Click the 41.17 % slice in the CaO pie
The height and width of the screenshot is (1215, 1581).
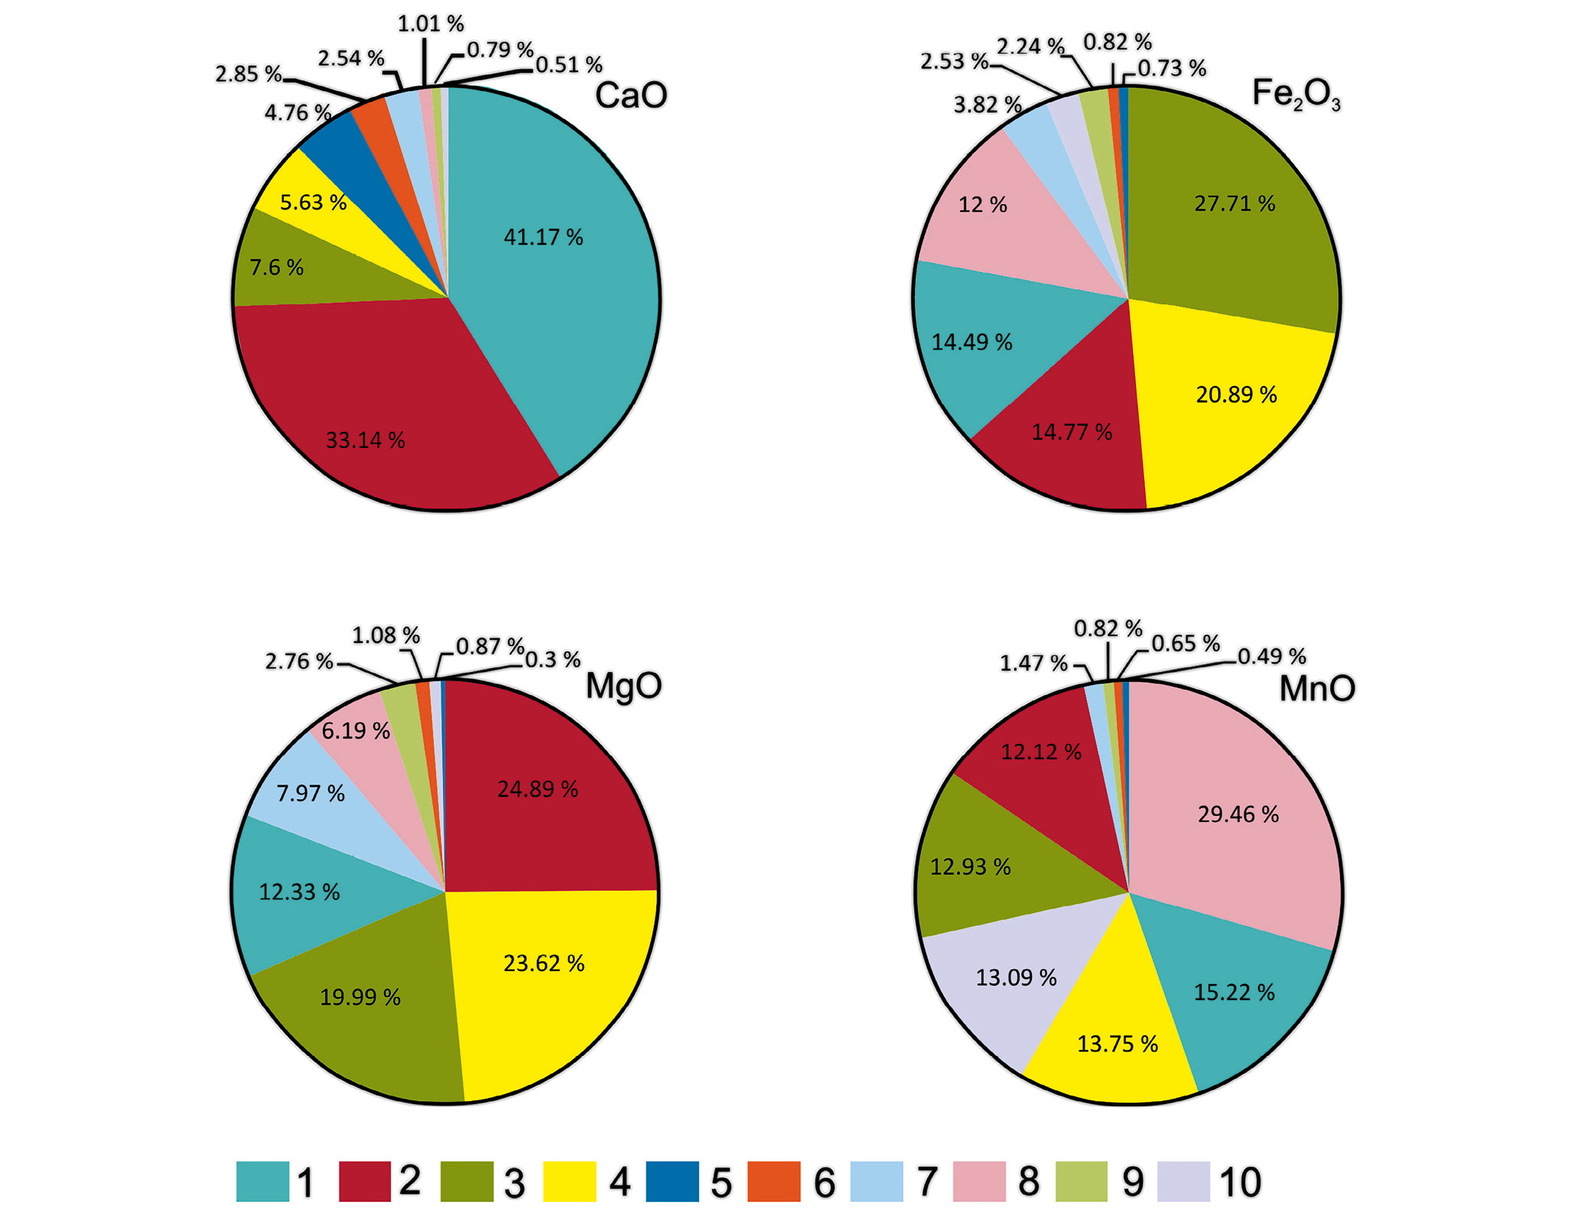551,268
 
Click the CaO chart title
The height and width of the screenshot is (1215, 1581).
631,96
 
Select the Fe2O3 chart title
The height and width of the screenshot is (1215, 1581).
1296,95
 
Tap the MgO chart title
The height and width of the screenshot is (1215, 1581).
623,686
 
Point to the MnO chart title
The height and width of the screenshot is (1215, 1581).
1317,688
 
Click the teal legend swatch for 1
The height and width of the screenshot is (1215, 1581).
262,1181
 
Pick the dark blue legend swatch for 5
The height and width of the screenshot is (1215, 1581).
672,1181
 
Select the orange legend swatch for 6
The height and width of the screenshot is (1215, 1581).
773,1181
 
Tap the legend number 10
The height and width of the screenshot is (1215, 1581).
1240,1182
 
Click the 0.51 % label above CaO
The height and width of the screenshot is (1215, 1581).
569,65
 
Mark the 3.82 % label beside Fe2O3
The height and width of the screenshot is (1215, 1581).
987,105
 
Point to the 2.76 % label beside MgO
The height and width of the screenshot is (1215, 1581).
299,661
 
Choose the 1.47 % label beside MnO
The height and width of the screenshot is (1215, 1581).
1033,663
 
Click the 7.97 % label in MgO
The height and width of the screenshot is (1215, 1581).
311,793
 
